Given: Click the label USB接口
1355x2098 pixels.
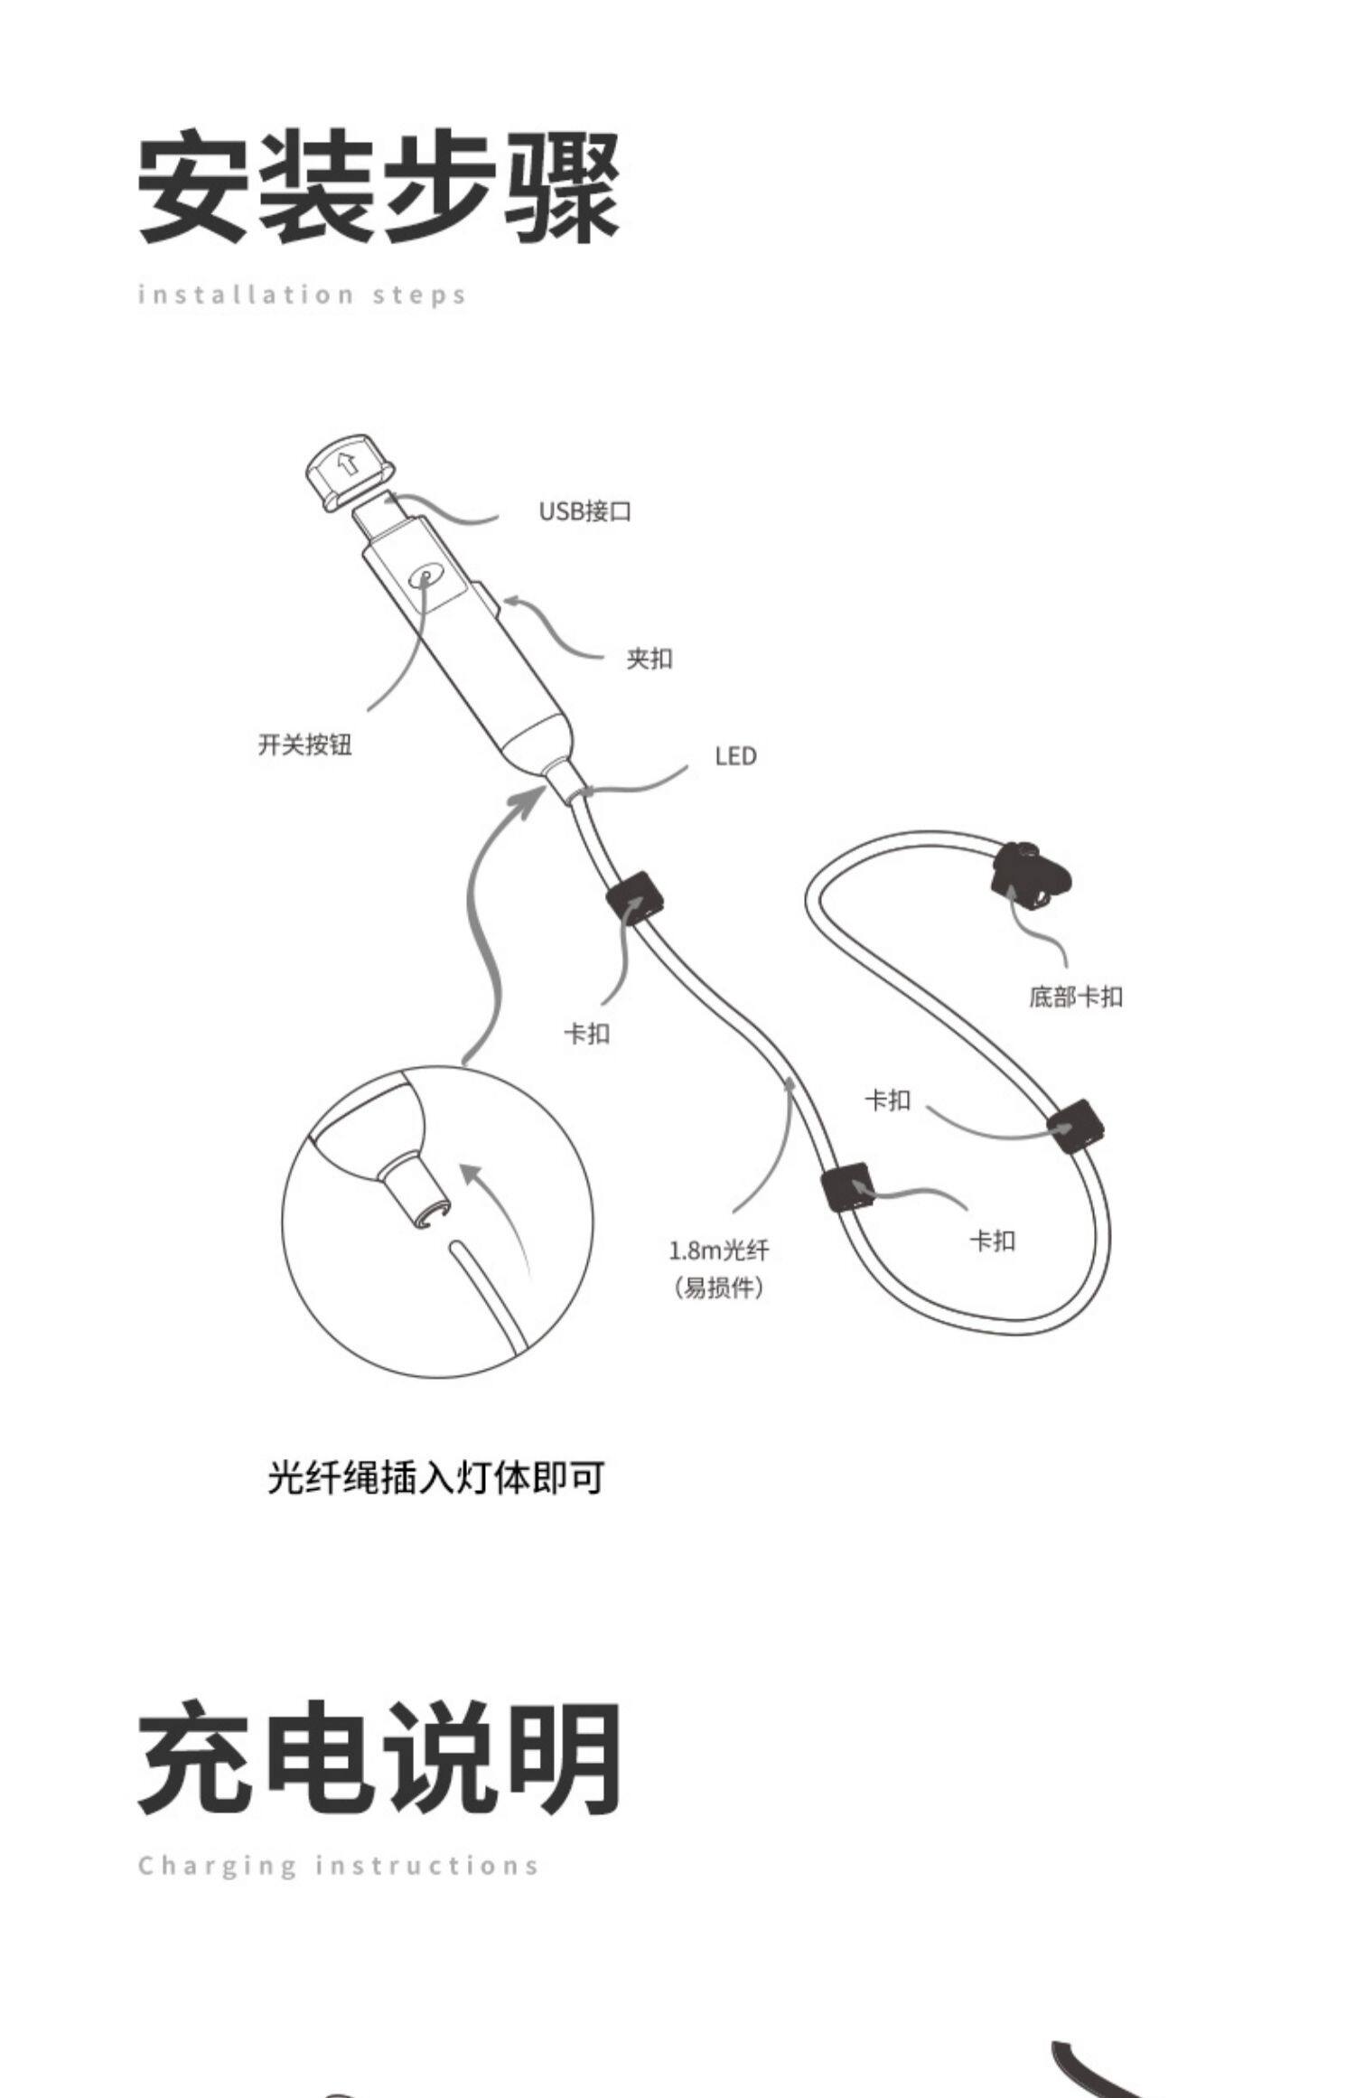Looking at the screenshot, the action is (584, 511).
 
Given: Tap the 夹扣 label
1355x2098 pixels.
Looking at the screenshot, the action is (649, 659).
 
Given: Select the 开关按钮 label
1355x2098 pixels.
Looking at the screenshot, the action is (304, 745).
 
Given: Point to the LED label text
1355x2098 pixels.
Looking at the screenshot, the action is (735, 756).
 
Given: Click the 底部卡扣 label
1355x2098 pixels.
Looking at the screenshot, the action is (1075, 997).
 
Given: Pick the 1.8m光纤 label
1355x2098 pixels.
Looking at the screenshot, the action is (719, 1250).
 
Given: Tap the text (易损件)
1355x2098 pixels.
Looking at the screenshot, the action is (719, 1288).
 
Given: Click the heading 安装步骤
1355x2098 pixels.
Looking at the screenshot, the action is (379, 187).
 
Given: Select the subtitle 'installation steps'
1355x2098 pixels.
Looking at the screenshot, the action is (302, 295).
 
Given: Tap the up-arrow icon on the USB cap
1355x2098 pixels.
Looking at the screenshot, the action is (346, 464).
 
